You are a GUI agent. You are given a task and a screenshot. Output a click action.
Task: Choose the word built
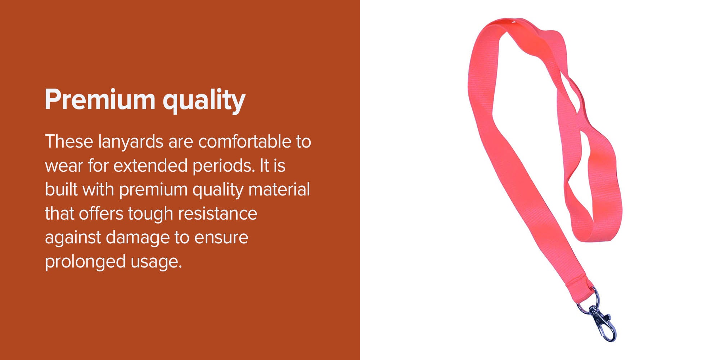pyautogui.click(x=61, y=189)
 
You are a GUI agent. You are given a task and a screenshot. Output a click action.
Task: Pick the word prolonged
pyautogui.click(x=85, y=262)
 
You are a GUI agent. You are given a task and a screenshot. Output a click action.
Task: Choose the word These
pyautogui.click(x=69, y=141)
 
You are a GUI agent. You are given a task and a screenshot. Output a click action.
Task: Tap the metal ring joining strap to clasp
pyautogui.click(x=591, y=301)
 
